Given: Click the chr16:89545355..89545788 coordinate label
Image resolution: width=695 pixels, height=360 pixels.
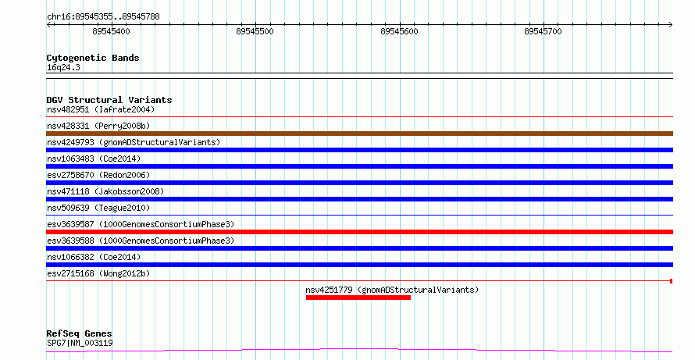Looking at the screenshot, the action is pos(103,17).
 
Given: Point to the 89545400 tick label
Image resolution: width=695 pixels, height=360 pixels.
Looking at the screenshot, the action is pos(111,31).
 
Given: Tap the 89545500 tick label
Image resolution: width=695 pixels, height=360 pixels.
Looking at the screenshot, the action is pos(255,31).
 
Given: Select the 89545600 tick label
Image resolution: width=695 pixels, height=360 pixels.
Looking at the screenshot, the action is pos(399,31).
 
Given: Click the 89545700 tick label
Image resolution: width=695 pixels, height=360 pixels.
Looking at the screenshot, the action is pos(543,31).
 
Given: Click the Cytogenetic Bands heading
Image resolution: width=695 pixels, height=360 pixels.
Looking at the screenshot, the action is pos(93,58).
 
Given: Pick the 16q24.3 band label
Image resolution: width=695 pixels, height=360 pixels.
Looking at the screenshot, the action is pos(63,67).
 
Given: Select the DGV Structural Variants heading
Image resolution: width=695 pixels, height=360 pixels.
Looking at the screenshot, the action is pos(109,100).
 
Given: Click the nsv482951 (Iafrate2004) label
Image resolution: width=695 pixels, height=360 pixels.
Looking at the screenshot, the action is pos(101,109).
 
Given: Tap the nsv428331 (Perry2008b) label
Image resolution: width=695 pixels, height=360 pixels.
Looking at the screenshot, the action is pos(98,126).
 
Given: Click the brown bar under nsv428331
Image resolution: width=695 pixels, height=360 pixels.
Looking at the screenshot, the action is pos(359,134).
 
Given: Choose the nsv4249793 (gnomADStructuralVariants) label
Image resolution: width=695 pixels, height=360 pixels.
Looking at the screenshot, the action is pos(134,142).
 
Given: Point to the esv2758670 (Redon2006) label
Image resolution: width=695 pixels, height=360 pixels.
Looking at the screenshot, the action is pos(98,175).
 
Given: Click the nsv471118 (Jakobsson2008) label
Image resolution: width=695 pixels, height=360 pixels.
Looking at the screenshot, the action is pos(105,191).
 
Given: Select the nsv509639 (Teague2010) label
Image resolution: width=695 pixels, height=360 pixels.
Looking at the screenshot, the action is pos(98,208).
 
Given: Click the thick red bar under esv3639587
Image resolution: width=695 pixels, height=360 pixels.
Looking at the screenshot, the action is pos(359,232).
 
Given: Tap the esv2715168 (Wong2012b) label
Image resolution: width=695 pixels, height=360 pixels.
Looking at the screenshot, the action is pos(98,273).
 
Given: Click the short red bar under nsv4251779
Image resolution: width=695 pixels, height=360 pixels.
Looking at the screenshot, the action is pos(358,298).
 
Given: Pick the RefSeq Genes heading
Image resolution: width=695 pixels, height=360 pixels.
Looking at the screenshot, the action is pos(79,333).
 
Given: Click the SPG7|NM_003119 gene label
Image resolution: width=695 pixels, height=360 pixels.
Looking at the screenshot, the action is pos(80,343).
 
